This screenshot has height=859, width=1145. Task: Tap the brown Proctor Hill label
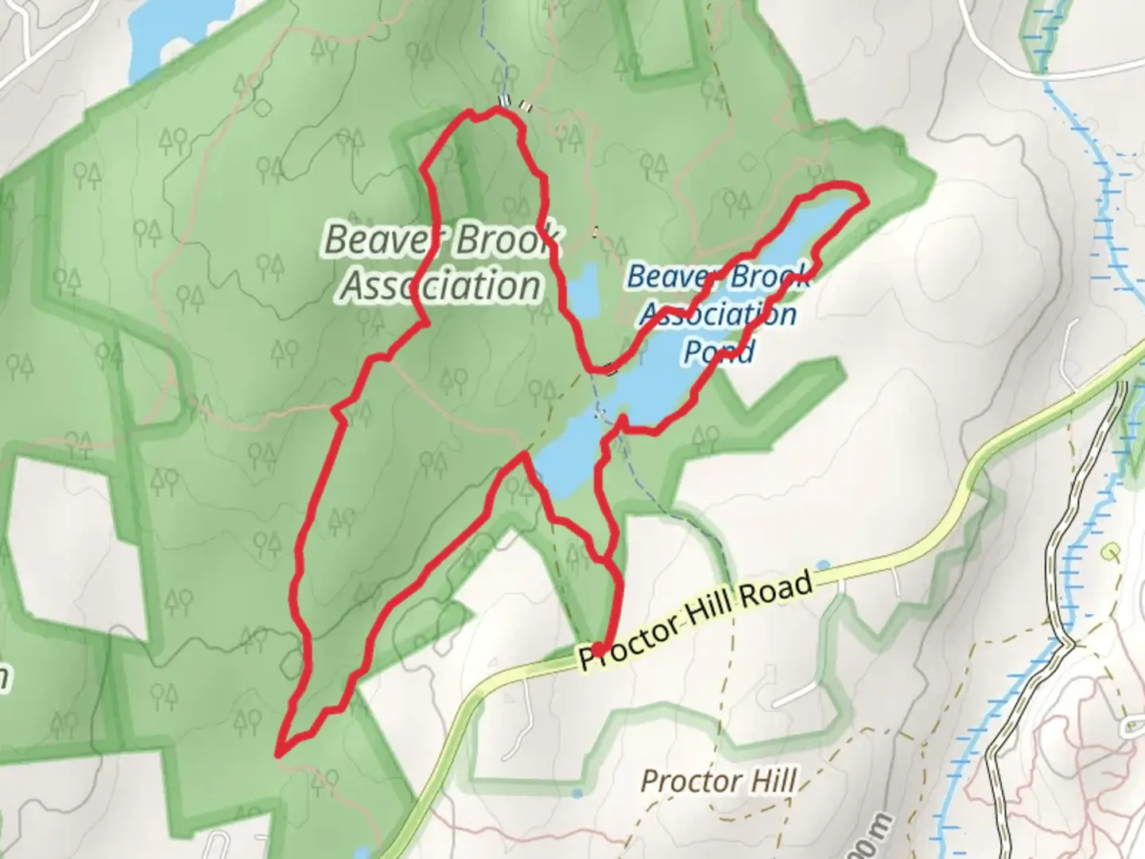point(718,780)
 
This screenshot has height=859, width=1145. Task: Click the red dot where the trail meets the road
point(598,650)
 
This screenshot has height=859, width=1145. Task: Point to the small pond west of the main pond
point(584,290)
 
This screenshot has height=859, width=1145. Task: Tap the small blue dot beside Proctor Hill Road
point(823,566)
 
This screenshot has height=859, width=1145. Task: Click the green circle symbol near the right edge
point(1111,550)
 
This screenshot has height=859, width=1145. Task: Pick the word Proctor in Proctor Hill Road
point(628,641)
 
